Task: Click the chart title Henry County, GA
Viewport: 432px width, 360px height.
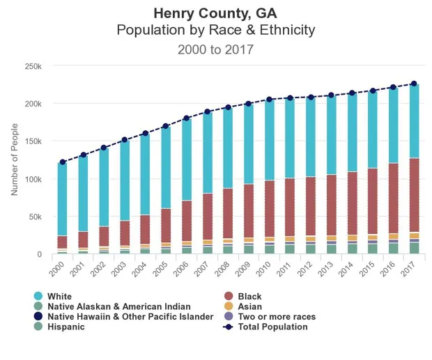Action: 215,13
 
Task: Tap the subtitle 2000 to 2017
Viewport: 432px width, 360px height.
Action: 215,49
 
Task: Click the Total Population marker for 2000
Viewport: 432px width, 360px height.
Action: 63,162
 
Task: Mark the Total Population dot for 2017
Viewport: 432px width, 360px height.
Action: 414,84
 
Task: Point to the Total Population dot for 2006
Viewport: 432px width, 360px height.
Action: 187,118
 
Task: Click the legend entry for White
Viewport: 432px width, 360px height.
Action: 59,297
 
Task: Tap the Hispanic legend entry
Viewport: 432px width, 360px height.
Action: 65,327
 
